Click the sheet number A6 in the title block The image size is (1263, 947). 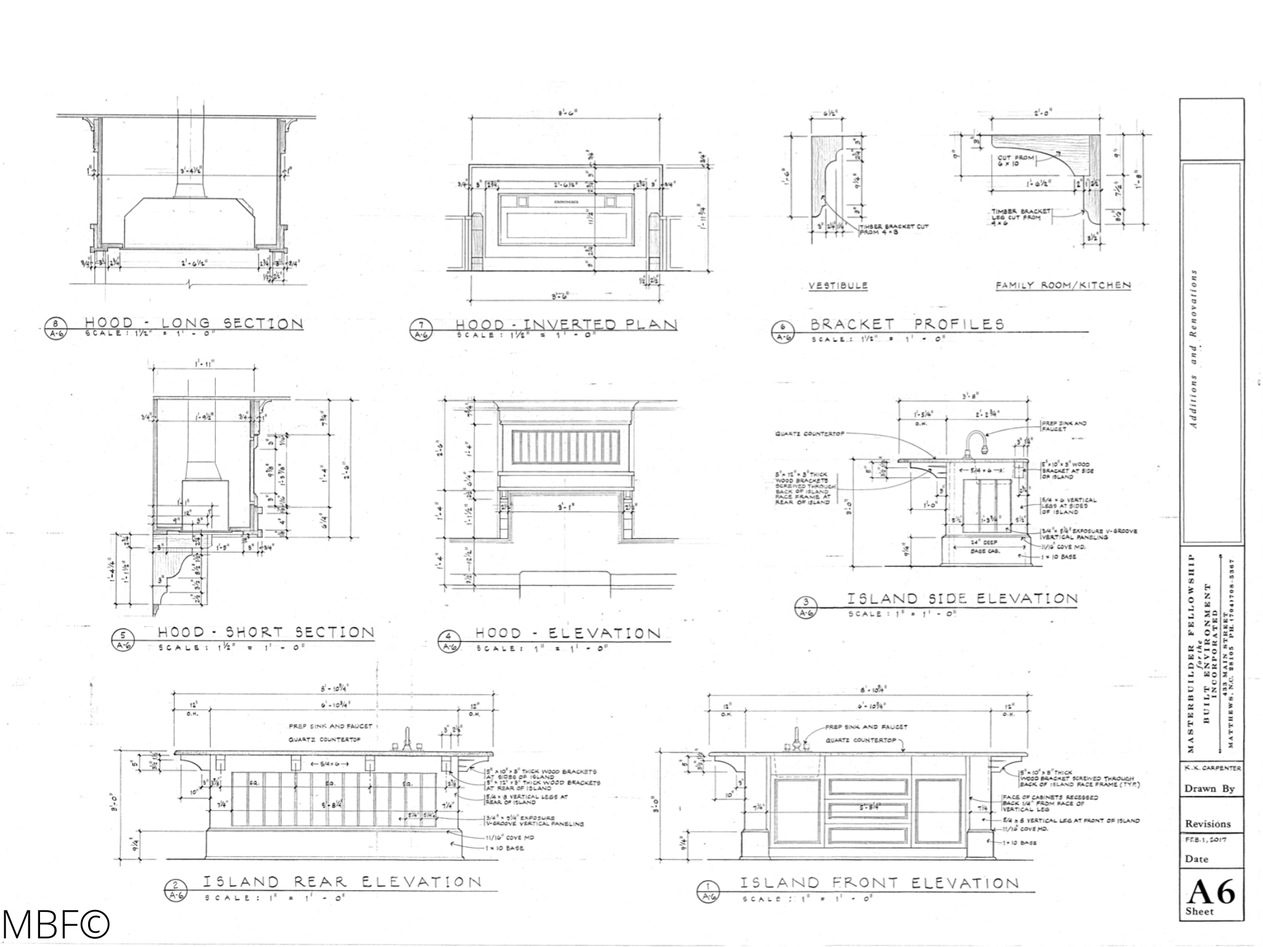coord(1211,892)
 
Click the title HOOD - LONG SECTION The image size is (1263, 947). coord(194,323)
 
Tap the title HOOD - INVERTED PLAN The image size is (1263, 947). coord(566,325)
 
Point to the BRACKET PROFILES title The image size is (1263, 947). coord(907,324)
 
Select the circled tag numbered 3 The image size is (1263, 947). coord(805,605)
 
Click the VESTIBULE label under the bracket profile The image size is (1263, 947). coord(838,285)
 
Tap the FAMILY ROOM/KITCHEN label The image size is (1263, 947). coord(1063,285)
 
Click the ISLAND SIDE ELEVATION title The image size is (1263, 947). coord(962,599)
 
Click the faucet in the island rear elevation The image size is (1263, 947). coord(407,739)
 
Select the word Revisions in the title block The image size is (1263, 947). coord(1207,824)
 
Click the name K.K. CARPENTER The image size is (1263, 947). coord(1211,769)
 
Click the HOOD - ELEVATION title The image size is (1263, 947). coord(567,633)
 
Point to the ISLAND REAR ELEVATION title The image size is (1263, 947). coord(342,882)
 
